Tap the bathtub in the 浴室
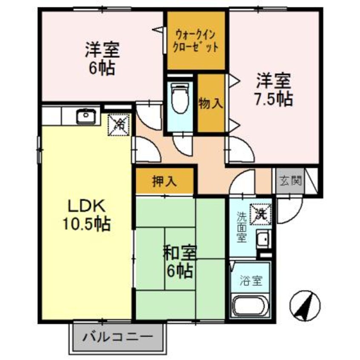tap(249, 307)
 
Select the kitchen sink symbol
tap(86, 115)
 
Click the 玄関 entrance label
tap(291, 181)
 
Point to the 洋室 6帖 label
tap(102, 59)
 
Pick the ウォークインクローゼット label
tap(195, 41)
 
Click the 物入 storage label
tap(211, 103)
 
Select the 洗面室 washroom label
tap(241, 227)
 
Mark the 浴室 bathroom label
tap(250, 280)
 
